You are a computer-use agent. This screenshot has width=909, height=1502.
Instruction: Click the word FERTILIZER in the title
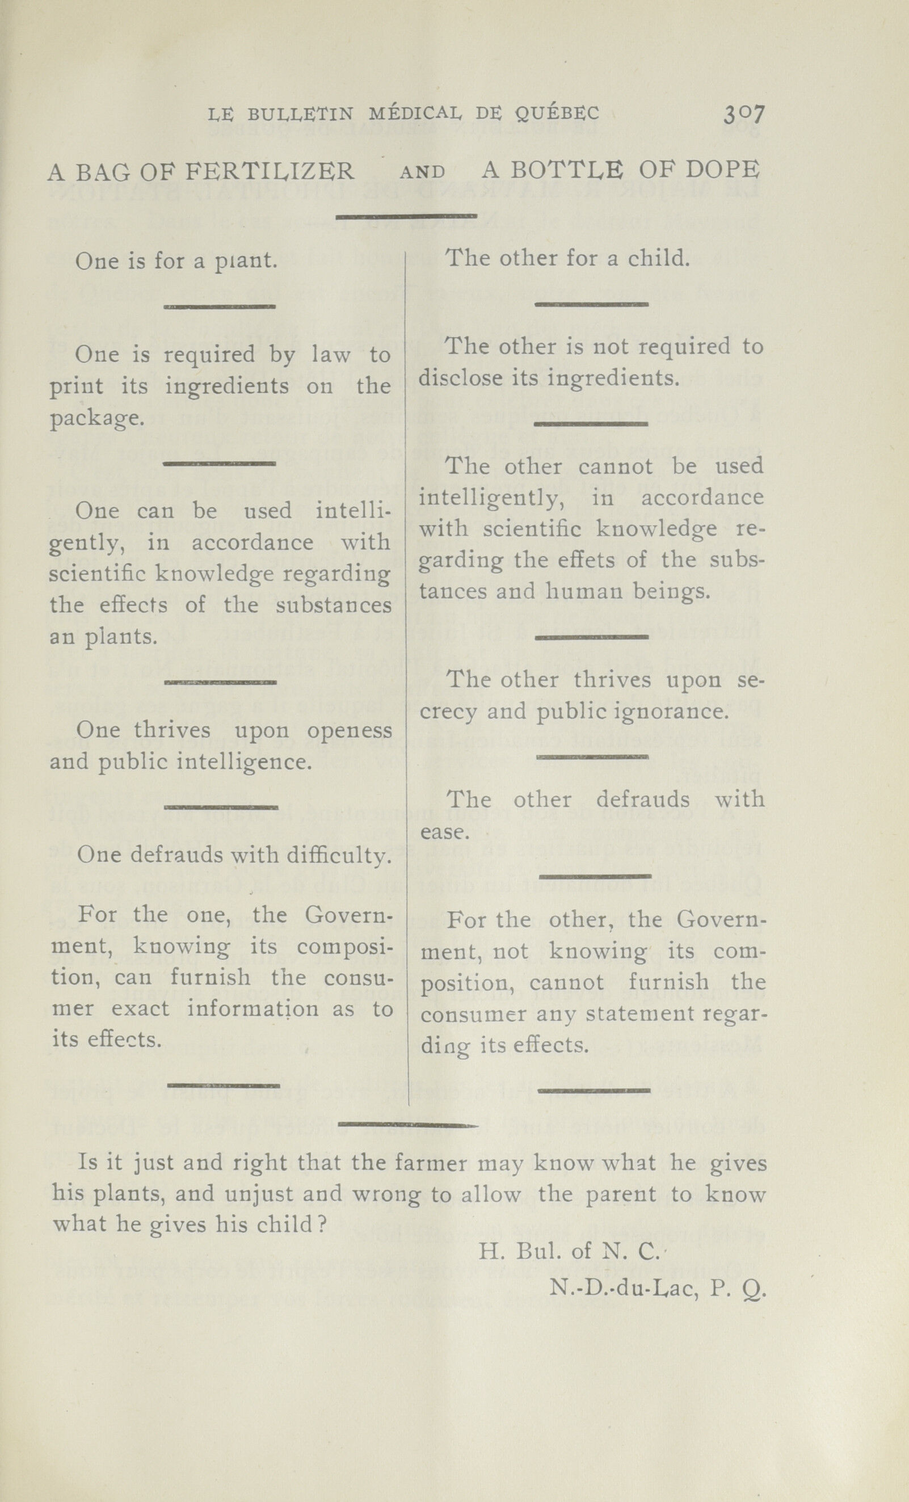(x=269, y=172)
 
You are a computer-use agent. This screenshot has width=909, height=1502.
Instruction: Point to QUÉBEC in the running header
(x=557, y=113)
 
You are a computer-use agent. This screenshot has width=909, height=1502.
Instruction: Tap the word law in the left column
(x=331, y=355)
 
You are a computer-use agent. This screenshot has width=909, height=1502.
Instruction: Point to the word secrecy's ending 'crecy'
(x=448, y=712)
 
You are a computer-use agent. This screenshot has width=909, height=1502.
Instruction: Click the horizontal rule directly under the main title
(x=406, y=216)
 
